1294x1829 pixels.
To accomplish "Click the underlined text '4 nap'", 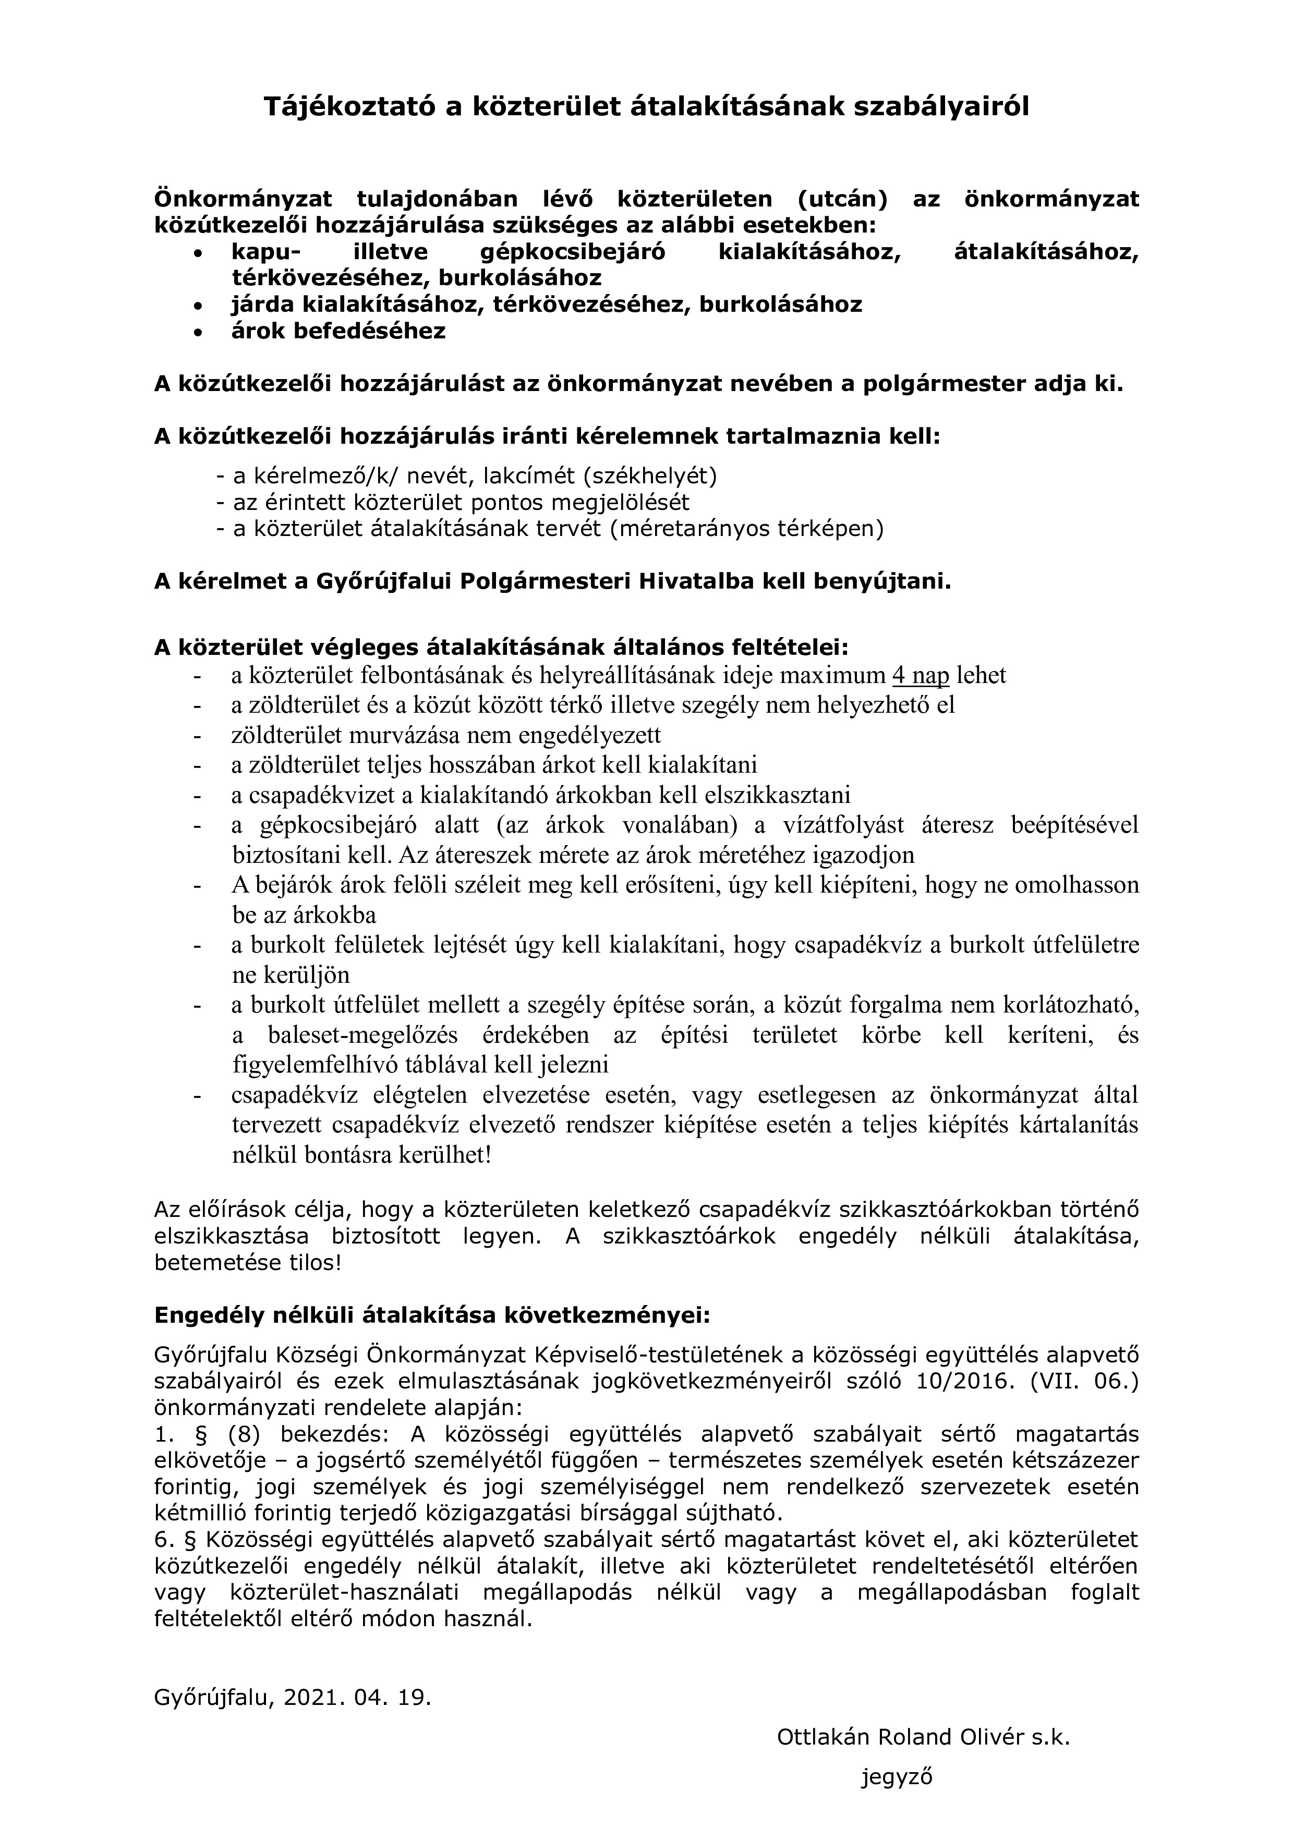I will (921, 676).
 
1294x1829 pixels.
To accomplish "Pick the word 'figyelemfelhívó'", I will (313, 1065).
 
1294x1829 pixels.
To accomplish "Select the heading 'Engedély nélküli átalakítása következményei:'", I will (431, 1315).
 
